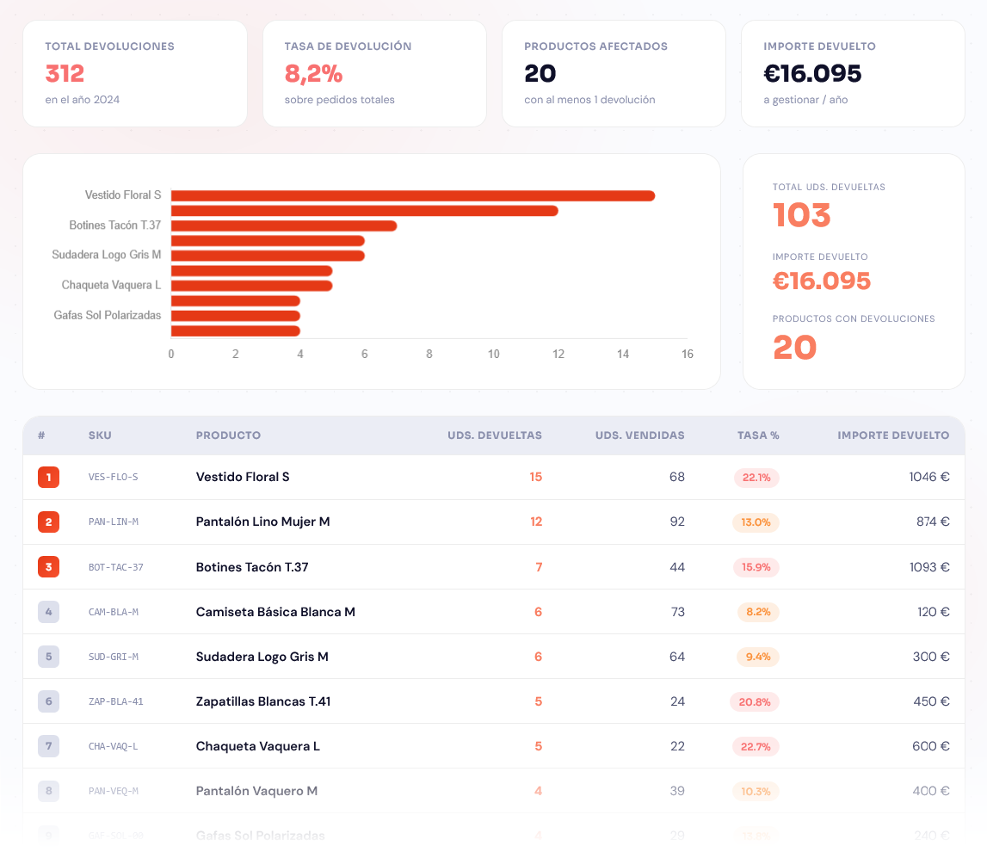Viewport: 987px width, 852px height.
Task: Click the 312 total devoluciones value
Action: (x=65, y=74)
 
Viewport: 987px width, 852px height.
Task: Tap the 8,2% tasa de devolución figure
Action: (x=313, y=74)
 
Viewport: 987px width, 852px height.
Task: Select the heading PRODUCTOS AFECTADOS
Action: (x=595, y=46)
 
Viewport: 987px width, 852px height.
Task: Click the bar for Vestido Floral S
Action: (x=413, y=195)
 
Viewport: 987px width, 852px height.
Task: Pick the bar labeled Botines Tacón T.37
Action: (x=284, y=225)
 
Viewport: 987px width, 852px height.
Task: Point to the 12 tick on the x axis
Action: (x=558, y=354)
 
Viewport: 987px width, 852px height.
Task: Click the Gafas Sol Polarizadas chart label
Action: (x=108, y=315)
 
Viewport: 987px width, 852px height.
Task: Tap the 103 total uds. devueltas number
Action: (x=801, y=215)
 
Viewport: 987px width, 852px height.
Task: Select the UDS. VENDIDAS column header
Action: (x=639, y=435)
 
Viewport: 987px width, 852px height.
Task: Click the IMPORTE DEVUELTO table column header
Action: (x=893, y=435)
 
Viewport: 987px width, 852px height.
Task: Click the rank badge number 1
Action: (x=48, y=477)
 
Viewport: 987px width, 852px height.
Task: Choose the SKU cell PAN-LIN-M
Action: (x=114, y=522)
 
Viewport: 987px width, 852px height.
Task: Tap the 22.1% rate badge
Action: (x=756, y=478)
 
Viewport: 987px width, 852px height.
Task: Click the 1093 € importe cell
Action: (x=929, y=567)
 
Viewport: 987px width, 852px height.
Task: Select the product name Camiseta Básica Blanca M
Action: (x=275, y=612)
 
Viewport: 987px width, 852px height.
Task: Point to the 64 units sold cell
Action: (x=677, y=657)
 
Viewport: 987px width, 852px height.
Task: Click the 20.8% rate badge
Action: (x=755, y=701)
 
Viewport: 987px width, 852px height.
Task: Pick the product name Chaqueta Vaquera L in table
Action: (x=258, y=746)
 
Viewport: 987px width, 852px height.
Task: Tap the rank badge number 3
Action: (x=48, y=567)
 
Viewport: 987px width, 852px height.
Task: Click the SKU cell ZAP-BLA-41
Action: (x=116, y=701)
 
